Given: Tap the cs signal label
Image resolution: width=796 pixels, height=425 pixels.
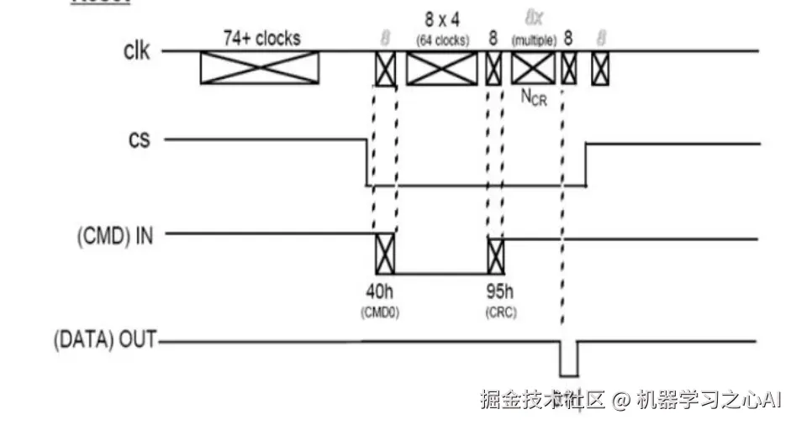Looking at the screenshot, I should tap(139, 139).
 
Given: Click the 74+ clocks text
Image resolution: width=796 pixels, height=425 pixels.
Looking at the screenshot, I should tap(261, 38).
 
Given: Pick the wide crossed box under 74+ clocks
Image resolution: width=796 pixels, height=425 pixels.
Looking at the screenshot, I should tap(259, 67).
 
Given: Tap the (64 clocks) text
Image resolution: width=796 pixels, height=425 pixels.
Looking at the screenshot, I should tap(443, 39).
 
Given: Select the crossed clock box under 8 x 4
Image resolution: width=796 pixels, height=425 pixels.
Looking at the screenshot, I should tap(441, 68).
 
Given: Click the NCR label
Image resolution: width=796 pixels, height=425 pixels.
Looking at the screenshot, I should tap(534, 98).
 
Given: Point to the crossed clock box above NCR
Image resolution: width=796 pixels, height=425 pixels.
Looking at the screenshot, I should tap(533, 68).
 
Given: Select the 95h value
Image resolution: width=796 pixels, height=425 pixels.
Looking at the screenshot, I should tap(497, 295).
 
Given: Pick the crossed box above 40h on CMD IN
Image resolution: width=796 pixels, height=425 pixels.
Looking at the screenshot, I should tap(385, 254).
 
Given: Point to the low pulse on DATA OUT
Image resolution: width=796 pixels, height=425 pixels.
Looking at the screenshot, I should tap(569, 359).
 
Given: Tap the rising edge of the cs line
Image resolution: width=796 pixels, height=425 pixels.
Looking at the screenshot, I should tap(585, 164).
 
